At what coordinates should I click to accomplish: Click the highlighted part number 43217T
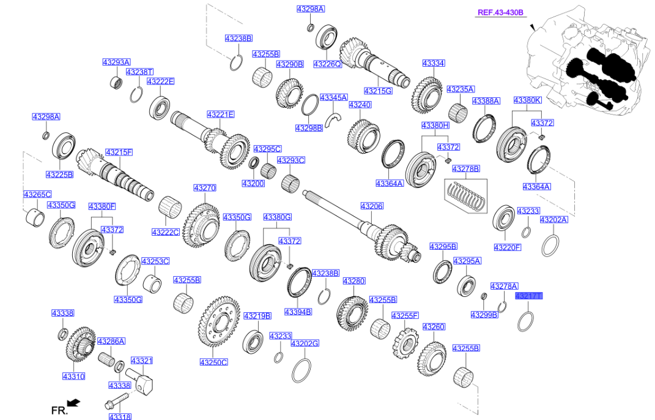pyautogui.click(x=528, y=296)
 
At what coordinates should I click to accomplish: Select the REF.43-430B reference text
pyautogui.click(x=501, y=12)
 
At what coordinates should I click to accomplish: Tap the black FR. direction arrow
pyautogui.click(x=73, y=402)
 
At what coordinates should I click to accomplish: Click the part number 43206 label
pyautogui.click(x=371, y=206)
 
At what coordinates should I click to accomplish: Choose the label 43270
pyautogui.click(x=205, y=188)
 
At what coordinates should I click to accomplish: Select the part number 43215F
pyautogui.click(x=119, y=152)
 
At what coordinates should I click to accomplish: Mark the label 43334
pyautogui.click(x=433, y=63)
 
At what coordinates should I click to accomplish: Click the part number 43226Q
pyautogui.click(x=327, y=64)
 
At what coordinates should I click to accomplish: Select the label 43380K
pyautogui.click(x=527, y=100)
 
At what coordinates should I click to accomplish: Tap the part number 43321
pyautogui.click(x=141, y=361)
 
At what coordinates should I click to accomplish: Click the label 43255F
pyautogui.click(x=405, y=315)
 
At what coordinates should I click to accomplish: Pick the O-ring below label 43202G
pyautogui.click(x=301, y=369)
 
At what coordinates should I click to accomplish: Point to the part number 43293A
pyautogui.click(x=116, y=62)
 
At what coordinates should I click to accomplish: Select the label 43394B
pyautogui.click(x=298, y=312)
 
